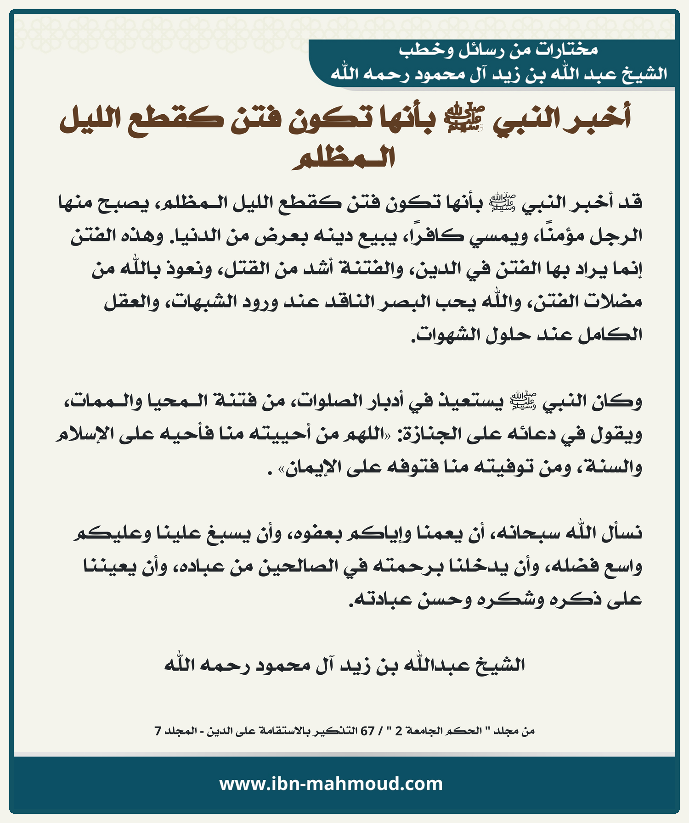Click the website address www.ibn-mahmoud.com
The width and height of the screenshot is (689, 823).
click(x=331, y=784)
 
